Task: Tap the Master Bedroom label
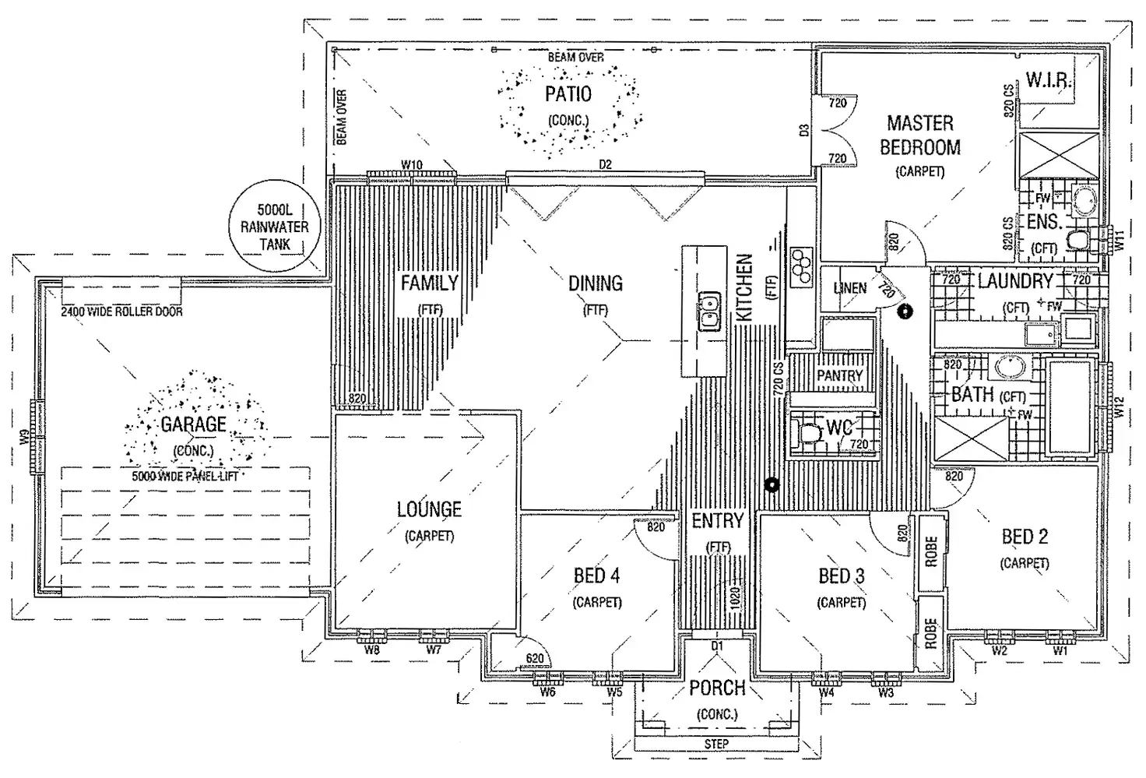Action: [x=919, y=135]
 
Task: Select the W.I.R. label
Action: [x=1049, y=80]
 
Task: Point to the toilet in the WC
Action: [x=809, y=432]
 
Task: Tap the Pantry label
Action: [x=839, y=375]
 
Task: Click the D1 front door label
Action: [x=717, y=646]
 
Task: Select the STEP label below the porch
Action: [x=716, y=744]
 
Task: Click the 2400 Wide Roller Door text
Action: [x=122, y=312]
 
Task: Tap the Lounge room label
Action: [x=429, y=510]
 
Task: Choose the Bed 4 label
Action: [x=596, y=576]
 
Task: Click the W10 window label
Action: [x=412, y=164]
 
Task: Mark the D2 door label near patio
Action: [x=605, y=164]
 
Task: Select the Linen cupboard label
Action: [x=849, y=288]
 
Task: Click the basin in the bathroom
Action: [x=1010, y=366]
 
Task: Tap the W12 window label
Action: [x=1120, y=408]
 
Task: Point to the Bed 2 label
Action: [x=1025, y=537]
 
